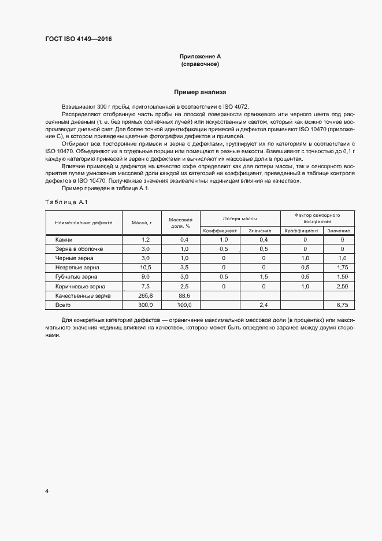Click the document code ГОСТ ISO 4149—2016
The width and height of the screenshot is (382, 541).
click(78, 39)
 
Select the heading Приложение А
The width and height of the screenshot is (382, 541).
click(200, 57)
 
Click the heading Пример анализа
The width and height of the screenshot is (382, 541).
click(200, 92)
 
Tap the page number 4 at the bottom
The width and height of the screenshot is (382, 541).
click(47, 491)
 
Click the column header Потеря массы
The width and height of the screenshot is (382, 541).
click(240, 218)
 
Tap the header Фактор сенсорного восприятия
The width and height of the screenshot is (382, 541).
click(316, 218)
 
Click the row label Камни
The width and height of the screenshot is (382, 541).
click(64, 239)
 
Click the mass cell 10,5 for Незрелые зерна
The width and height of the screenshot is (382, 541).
click(145, 268)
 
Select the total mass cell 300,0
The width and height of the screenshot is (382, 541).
click(145, 305)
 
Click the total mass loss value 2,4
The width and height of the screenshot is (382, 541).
click(264, 305)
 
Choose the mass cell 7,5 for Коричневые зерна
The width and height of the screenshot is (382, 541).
click(145, 286)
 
